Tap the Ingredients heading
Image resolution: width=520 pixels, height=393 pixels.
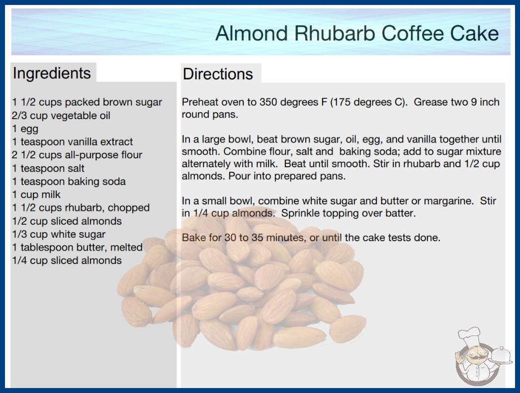click(52, 73)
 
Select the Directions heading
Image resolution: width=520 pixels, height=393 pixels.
click(218, 74)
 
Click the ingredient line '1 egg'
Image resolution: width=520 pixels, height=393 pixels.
click(25, 129)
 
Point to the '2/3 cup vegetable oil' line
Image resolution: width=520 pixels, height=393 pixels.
click(61, 116)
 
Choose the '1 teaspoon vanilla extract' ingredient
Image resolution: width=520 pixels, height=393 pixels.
click(72, 142)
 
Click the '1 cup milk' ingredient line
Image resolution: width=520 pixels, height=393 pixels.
click(36, 195)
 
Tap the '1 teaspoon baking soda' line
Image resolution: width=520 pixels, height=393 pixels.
click(69, 182)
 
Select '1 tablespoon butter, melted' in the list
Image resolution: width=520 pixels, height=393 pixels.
click(77, 247)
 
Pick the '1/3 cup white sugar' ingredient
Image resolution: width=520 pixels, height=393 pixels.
click(59, 234)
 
